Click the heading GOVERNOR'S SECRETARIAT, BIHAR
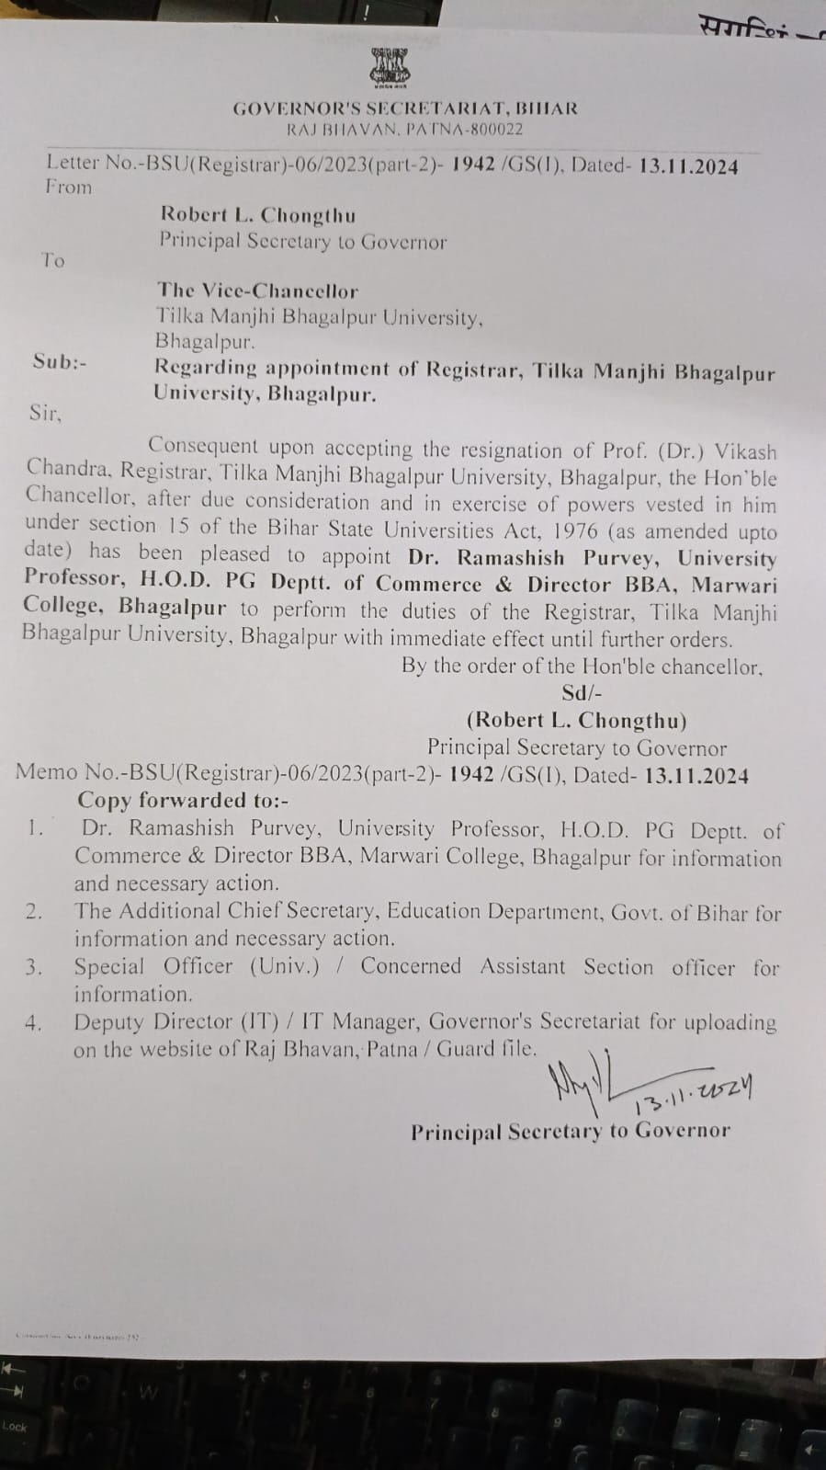[405, 108]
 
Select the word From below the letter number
[69, 187]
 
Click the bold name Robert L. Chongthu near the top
[257, 215]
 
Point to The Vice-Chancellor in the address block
[257, 291]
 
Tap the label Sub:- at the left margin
[60, 361]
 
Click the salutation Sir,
[45, 413]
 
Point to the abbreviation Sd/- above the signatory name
[582, 693]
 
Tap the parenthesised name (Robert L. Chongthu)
[576, 721]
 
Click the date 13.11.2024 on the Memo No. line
[696, 775]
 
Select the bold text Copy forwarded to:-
[183, 801]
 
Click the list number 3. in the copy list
[34, 967]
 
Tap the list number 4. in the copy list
[34, 1023]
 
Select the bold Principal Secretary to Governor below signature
[570, 1132]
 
